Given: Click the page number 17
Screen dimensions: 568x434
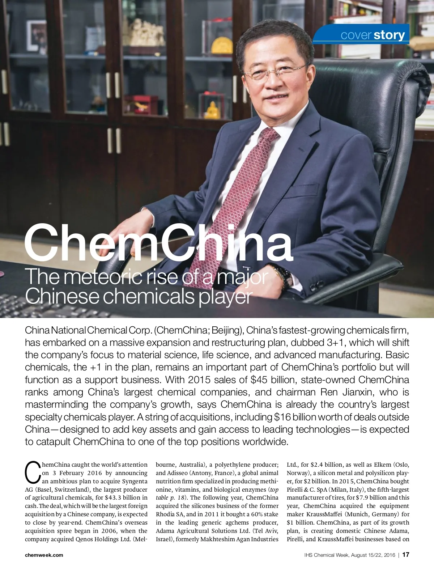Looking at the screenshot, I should tap(406, 555).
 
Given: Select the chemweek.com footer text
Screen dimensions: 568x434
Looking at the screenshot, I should tap(44, 555).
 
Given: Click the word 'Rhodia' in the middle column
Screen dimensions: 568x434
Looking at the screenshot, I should tap(166, 514).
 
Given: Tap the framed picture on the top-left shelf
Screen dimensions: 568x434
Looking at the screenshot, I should tap(36, 35).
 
